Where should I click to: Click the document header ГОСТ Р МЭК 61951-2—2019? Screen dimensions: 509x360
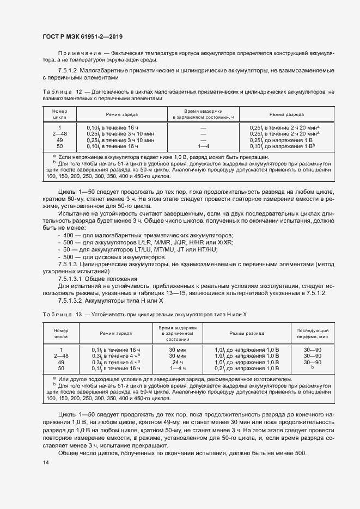[82, 37]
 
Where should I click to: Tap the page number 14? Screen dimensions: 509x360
[45, 463]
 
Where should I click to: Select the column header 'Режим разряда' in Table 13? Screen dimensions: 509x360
[247, 333]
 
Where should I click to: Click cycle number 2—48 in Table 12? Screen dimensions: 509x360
[60, 133]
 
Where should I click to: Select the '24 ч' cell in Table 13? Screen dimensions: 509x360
[178, 362]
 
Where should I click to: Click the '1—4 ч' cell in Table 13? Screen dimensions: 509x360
[178, 369]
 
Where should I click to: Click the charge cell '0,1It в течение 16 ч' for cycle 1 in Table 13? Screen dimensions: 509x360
[115, 349]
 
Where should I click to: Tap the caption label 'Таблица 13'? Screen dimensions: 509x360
[61, 315]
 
